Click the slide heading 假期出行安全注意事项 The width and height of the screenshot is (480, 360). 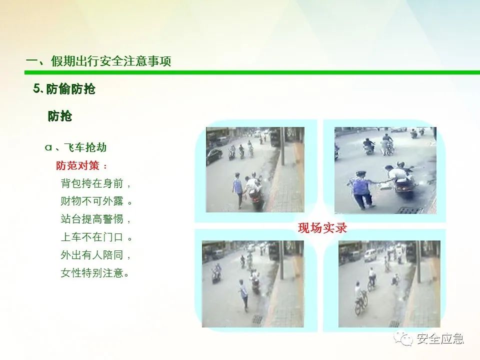coord(111,61)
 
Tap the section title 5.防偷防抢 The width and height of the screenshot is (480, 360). coord(64,89)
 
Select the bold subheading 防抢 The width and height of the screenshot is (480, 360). coord(59,116)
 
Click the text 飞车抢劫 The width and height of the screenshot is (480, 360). coord(85,147)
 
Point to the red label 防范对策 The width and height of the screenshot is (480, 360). coord(78,165)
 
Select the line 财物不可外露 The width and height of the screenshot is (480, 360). coord(92,201)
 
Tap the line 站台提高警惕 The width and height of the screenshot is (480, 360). coord(92,219)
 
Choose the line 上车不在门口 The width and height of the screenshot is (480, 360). coord(92,237)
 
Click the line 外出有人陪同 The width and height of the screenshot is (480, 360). coord(92,254)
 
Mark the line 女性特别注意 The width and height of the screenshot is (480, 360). coord(92,272)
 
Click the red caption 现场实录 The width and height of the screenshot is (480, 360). coord(322,228)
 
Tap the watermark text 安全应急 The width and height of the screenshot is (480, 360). coord(440,338)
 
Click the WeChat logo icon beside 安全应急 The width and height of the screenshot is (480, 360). coord(403,338)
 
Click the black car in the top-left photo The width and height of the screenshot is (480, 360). coord(214,156)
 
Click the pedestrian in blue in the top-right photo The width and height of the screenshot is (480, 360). coord(360,190)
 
